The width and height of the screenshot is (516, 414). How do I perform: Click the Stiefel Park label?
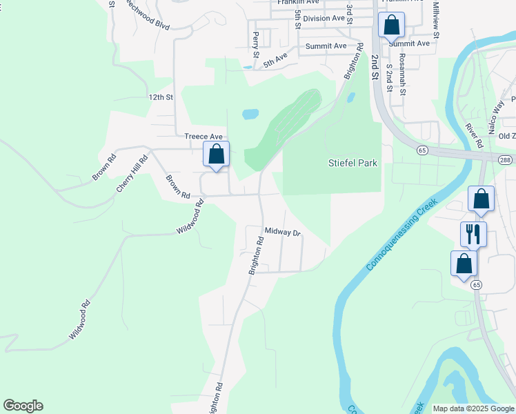(x=353, y=164)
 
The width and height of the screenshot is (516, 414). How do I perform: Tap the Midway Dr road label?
(x=284, y=233)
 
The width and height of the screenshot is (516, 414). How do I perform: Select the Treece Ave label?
(x=204, y=137)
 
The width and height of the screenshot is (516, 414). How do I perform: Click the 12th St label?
(x=159, y=97)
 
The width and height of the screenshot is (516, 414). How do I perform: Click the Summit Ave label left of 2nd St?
(x=326, y=46)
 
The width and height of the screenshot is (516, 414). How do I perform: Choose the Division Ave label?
(x=324, y=19)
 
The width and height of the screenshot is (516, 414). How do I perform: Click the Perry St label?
(x=256, y=43)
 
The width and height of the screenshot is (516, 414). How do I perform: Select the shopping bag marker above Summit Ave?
(x=391, y=26)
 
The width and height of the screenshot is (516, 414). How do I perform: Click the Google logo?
(x=23, y=406)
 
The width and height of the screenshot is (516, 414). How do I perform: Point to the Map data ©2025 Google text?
(x=473, y=408)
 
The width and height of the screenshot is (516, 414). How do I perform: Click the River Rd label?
(x=473, y=135)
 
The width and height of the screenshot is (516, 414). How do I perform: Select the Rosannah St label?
(x=402, y=79)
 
